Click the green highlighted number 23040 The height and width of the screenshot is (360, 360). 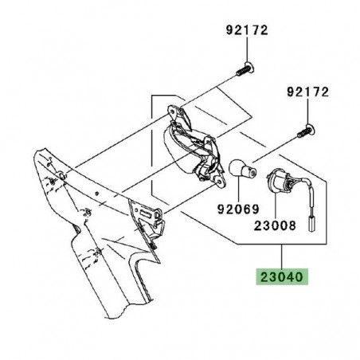pyautogui.click(x=282, y=279)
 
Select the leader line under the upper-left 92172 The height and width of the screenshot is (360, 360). pyautogui.click(x=246, y=50)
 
